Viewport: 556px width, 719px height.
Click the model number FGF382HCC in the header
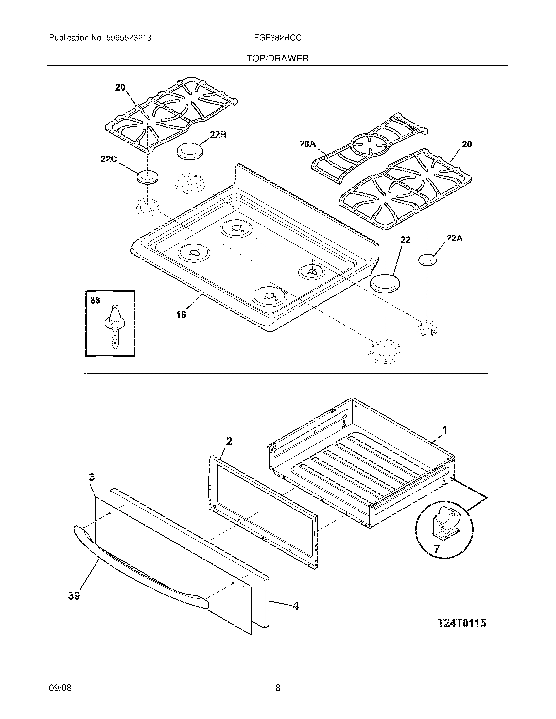click(x=278, y=38)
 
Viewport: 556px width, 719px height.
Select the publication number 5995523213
click(x=129, y=38)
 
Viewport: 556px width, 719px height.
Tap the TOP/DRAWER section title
click(x=278, y=59)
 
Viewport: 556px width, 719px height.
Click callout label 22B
click(x=218, y=135)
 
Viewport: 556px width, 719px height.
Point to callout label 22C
click(x=109, y=159)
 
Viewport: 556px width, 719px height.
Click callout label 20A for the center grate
click(x=307, y=144)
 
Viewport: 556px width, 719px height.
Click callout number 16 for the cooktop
click(x=181, y=315)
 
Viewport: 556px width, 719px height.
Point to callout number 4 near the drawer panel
click(x=295, y=606)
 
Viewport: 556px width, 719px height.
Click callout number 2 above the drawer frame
click(x=229, y=441)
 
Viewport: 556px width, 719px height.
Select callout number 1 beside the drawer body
click(x=445, y=430)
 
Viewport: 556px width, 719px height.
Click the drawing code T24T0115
click(x=461, y=623)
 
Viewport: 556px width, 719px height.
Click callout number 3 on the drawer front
click(x=92, y=477)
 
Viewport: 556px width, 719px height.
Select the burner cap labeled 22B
click(x=190, y=151)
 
